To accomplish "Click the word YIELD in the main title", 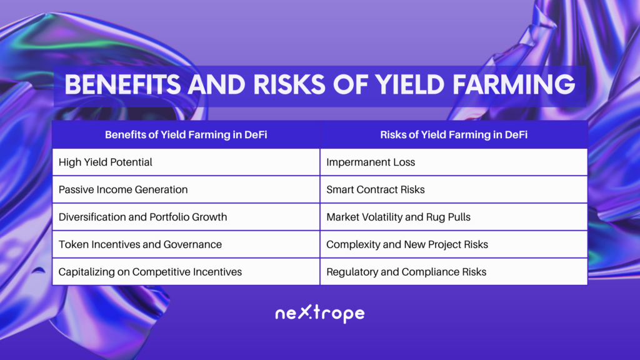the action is [x=409, y=84].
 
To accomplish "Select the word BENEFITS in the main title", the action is [x=122, y=84].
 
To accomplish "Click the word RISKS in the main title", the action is [x=289, y=84].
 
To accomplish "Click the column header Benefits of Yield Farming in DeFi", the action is [x=186, y=135].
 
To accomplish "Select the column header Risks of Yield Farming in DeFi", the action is [x=454, y=135].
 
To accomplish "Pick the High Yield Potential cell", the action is [x=186, y=162].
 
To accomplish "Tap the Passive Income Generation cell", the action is [x=186, y=189].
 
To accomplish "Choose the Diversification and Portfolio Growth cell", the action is [x=186, y=217].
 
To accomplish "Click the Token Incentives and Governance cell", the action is [x=186, y=244].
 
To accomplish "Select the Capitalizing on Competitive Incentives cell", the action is [x=186, y=271].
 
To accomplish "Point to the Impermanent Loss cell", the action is [x=454, y=162].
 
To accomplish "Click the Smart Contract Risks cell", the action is [x=454, y=189].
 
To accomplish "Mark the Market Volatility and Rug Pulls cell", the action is [x=454, y=217].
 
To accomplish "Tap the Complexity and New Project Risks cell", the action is [x=454, y=244].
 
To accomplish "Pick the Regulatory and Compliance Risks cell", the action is [x=454, y=271].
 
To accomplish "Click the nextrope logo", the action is [x=320, y=314].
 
